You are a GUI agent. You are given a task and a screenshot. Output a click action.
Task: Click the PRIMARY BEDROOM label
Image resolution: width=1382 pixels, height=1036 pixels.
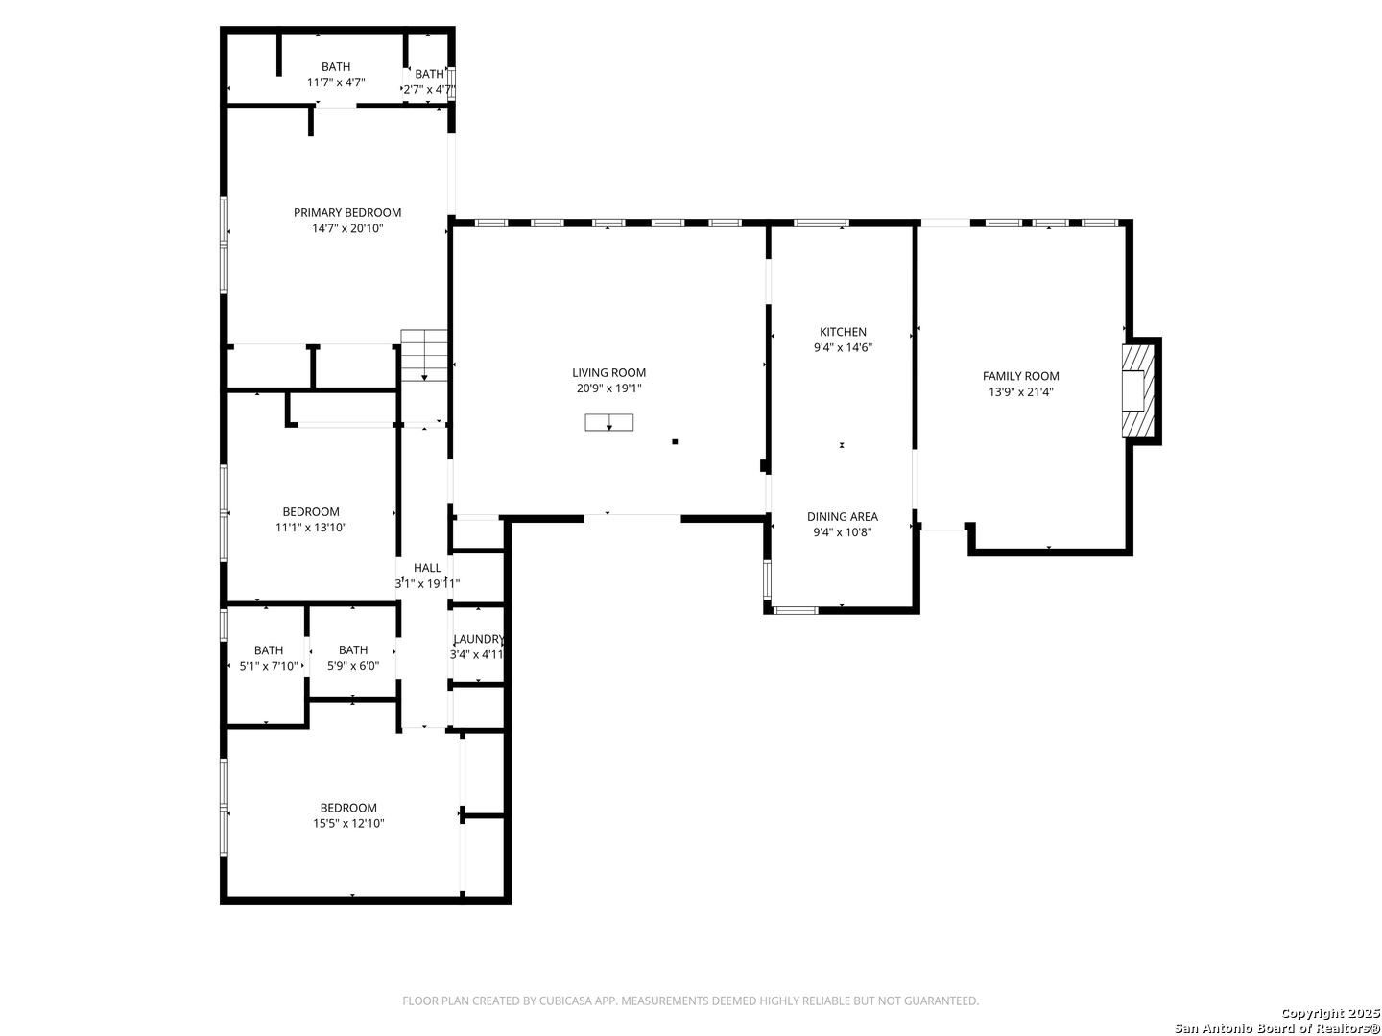[x=346, y=213]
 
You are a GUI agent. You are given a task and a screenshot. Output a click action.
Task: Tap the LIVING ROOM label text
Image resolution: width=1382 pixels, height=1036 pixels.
[x=608, y=373]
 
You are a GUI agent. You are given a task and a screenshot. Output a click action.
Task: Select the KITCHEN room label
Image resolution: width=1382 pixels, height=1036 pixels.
[x=843, y=332]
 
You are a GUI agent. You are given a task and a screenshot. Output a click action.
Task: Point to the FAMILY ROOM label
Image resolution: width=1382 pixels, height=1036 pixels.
[x=1020, y=376]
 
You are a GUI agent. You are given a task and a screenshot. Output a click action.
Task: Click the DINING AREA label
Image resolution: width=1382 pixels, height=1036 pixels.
[x=842, y=517]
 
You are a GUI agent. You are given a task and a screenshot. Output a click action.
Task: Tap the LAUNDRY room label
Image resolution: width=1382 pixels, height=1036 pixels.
[x=479, y=640]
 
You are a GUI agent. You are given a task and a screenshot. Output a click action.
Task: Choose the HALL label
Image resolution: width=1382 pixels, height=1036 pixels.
[x=427, y=568]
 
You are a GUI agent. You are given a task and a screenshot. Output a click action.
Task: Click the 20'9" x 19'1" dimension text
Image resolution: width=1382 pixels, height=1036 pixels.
[x=608, y=388]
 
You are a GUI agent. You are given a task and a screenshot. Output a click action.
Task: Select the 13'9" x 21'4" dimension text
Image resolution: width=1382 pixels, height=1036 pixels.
[x=1020, y=392]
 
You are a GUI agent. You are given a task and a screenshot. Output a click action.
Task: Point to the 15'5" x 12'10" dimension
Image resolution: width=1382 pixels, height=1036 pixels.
[x=348, y=823]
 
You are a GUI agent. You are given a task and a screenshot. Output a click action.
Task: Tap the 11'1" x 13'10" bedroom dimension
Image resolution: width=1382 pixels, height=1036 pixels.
[x=310, y=528]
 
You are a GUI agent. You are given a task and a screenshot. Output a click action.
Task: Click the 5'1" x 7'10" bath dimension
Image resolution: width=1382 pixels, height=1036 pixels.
[x=268, y=666]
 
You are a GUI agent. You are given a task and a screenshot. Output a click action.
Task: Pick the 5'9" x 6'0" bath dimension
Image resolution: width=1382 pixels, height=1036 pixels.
[x=352, y=666]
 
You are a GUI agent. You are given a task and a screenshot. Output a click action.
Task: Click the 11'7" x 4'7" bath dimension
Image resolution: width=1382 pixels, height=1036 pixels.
[x=336, y=82]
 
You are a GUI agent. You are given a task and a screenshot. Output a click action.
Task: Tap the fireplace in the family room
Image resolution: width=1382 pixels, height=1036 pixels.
[x=1138, y=390]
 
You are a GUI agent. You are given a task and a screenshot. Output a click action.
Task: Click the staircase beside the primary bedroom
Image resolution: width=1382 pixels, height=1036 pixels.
[x=424, y=355]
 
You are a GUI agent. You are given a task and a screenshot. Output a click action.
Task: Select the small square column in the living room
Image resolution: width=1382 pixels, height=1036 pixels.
[x=675, y=441]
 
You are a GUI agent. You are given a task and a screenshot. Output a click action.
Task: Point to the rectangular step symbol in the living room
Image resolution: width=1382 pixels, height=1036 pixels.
[x=608, y=423]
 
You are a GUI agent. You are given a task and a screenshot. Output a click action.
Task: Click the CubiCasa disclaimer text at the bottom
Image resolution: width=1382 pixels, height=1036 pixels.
[x=690, y=1001]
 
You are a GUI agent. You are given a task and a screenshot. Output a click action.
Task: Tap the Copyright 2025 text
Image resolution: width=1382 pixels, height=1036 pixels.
[x=1330, y=1013]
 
